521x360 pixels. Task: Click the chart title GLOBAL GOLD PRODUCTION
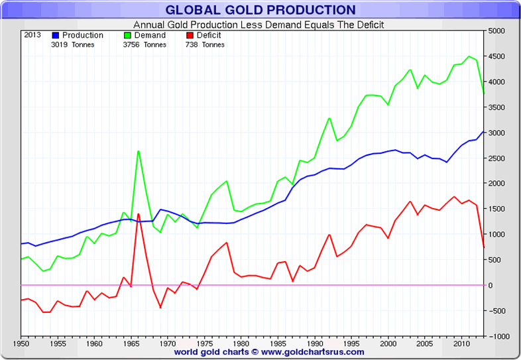point(260,10)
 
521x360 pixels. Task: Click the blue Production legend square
point(56,35)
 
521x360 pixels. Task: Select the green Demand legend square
point(128,35)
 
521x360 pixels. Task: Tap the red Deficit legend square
point(189,35)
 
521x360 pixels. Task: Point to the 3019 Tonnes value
point(72,45)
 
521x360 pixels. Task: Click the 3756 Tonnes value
point(145,45)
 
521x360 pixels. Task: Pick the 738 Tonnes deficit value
point(205,45)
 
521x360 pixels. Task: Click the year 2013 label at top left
point(32,35)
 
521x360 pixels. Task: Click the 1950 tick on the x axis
point(21,344)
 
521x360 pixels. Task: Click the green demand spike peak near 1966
point(138,150)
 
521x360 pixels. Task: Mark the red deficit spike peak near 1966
point(138,213)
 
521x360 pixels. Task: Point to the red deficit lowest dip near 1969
point(160,308)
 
